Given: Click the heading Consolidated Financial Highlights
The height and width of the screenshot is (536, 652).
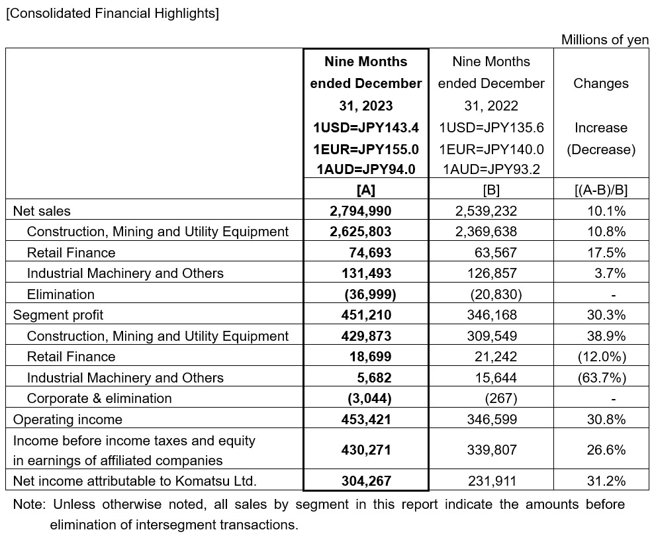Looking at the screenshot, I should [x=113, y=13].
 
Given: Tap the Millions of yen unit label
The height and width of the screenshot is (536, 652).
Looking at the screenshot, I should [x=604, y=40].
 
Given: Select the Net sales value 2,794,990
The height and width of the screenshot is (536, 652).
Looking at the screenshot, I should [x=361, y=211].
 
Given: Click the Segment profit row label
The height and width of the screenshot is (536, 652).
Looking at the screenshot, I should [x=58, y=315].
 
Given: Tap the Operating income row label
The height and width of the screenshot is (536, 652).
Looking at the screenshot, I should [x=68, y=420].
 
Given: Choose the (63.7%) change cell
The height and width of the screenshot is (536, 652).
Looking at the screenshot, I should [x=600, y=378].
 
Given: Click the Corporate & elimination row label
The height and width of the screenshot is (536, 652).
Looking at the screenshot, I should [x=99, y=398].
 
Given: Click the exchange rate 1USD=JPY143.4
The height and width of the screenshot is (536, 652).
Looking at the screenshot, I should [x=366, y=128].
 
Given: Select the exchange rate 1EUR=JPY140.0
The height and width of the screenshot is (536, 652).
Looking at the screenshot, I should [x=491, y=150].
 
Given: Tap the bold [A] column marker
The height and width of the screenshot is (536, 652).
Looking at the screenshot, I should [x=366, y=190].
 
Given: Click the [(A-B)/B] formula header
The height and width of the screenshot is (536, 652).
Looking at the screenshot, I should [x=600, y=190].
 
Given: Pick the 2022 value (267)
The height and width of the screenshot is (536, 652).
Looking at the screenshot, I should [x=501, y=398].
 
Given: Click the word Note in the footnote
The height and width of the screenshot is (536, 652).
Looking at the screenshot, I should [x=28, y=505].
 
